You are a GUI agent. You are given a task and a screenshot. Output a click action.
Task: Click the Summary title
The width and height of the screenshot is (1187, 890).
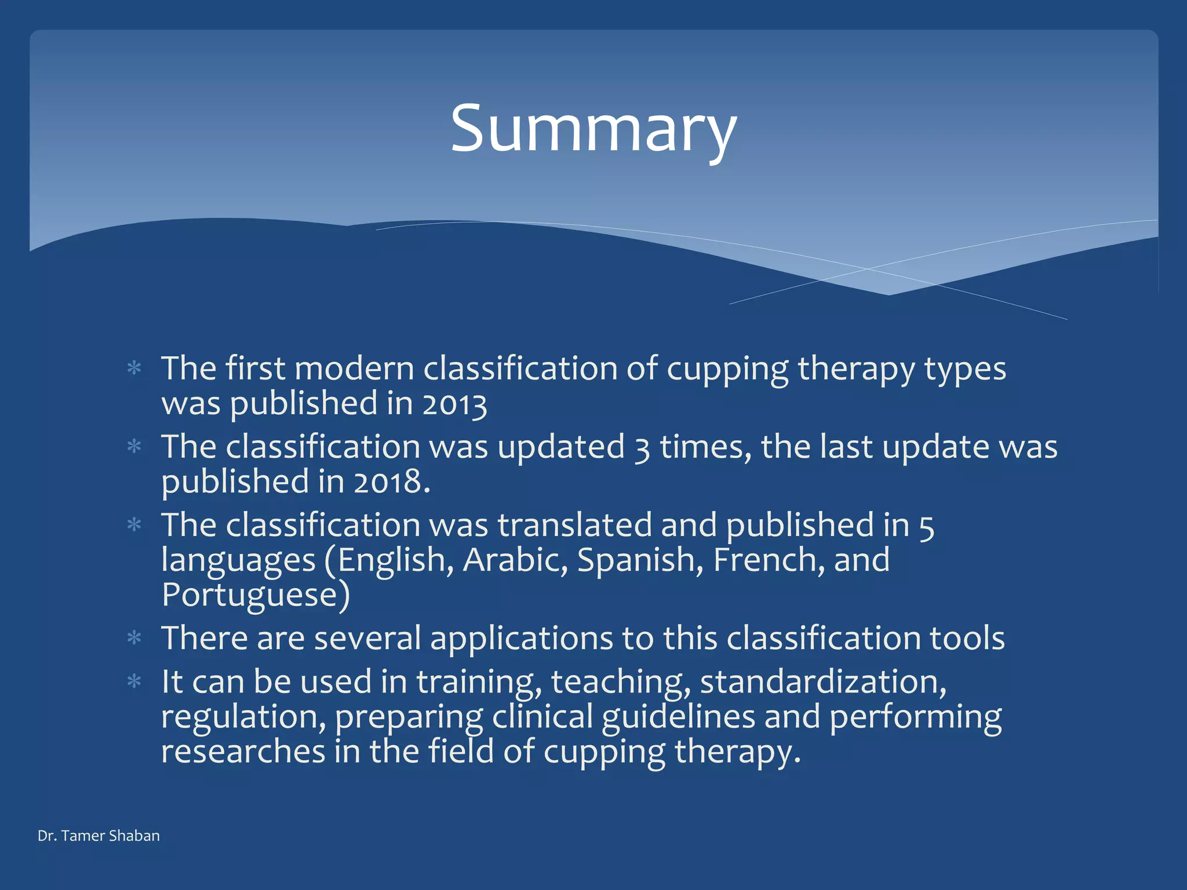pyautogui.click(x=593, y=129)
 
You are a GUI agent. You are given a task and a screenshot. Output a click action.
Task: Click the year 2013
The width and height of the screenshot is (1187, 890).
pyautogui.click(x=454, y=404)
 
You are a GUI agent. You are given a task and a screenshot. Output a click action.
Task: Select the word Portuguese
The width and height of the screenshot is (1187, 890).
pyautogui.click(x=250, y=595)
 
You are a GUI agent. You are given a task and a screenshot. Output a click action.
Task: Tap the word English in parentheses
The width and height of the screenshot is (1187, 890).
pyautogui.click(x=391, y=560)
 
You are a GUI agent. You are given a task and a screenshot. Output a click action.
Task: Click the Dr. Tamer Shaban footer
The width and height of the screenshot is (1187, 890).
pyautogui.click(x=99, y=836)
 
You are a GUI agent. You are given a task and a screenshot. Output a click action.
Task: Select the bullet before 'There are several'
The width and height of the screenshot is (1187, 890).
pyautogui.click(x=134, y=639)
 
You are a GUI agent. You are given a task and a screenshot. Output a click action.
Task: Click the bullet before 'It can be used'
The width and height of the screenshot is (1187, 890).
pyautogui.click(x=134, y=682)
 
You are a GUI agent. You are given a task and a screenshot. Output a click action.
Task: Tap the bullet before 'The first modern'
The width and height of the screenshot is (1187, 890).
pyautogui.click(x=134, y=369)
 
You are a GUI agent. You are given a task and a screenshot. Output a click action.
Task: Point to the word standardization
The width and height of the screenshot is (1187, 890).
pyautogui.click(x=823, y=682)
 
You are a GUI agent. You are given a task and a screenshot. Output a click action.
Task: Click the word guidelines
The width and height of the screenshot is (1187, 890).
pyautogui.click(x=678, y=717)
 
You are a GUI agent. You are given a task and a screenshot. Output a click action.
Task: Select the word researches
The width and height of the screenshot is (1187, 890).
pyautogui.click(x=243, y=752)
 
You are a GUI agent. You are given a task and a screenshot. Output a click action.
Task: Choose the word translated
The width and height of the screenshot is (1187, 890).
pyautogui.click(x=574, y=526)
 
